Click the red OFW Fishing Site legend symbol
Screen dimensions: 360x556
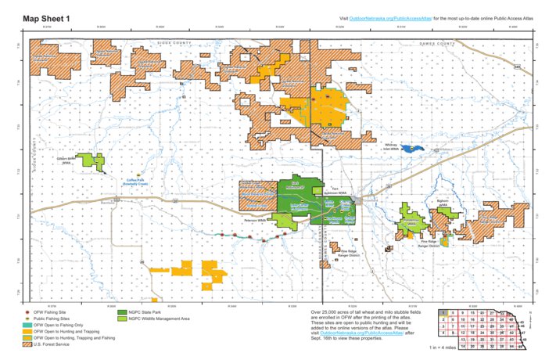click(30, 311)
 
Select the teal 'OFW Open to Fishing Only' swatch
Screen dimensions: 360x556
click(30, 325)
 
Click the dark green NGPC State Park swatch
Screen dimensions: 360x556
click(122, 311)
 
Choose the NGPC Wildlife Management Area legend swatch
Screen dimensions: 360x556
click(122, 319)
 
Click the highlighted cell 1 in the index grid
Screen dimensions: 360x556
click(443, 312)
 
